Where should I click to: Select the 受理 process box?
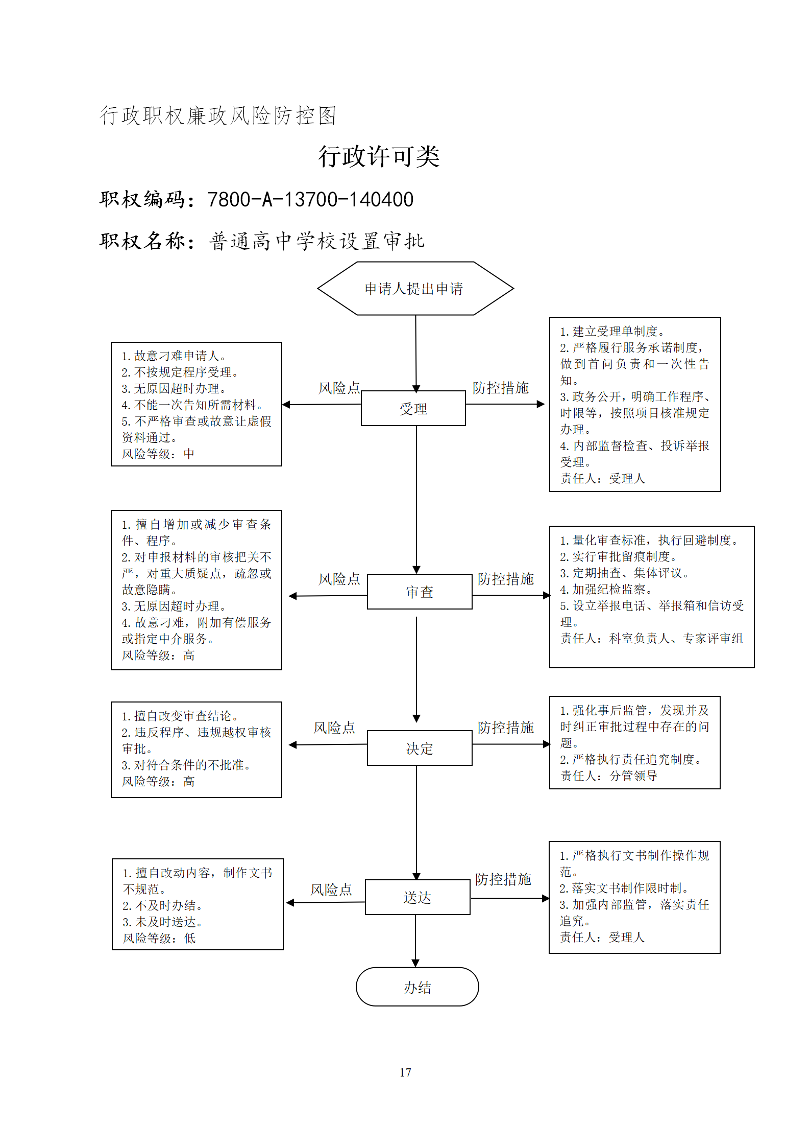413,408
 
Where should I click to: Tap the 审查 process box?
420,592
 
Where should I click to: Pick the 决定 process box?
420,748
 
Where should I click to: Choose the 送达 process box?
418,897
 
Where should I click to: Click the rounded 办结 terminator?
418,987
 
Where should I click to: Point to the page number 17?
405,1072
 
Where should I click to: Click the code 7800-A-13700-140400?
310,199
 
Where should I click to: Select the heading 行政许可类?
379,156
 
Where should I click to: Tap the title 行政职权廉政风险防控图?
218,115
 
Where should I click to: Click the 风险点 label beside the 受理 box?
339,388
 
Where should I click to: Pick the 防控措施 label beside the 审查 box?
506,579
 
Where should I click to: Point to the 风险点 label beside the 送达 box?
331,889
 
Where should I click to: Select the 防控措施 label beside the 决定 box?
506,727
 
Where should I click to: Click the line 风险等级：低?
159,938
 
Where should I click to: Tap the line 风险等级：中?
158,454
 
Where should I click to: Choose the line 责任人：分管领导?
609,776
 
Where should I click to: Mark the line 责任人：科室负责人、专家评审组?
652,638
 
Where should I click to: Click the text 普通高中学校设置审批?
316,241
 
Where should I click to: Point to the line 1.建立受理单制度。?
612,331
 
